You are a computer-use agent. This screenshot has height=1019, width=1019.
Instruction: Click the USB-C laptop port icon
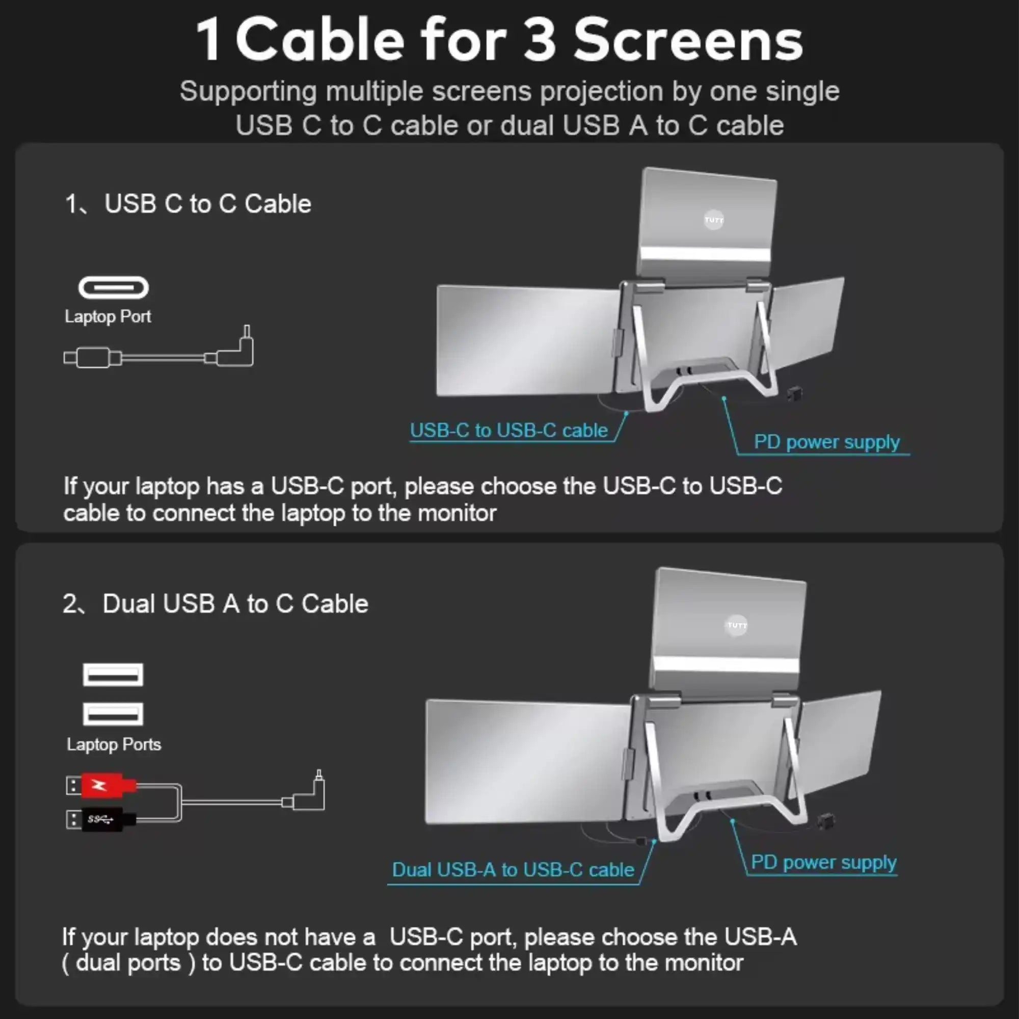114,288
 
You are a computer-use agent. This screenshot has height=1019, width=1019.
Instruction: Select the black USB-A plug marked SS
102,819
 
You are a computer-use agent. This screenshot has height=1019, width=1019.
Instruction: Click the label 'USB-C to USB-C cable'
508,431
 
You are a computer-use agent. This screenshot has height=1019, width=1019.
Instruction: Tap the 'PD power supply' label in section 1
826,442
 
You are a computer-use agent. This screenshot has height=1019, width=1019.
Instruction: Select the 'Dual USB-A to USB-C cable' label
513,870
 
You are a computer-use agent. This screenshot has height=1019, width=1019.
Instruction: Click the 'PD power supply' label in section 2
823,863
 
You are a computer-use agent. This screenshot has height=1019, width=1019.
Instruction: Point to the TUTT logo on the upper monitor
714,220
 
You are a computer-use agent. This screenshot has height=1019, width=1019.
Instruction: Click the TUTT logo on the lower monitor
736,626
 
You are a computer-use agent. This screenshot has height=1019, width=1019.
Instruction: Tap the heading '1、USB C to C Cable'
188,204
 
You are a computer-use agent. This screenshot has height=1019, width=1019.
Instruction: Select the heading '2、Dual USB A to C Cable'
215,604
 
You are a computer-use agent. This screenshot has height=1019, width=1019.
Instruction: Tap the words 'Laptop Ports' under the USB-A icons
114,744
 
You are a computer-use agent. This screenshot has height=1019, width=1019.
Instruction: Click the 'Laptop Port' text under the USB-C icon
108,316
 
